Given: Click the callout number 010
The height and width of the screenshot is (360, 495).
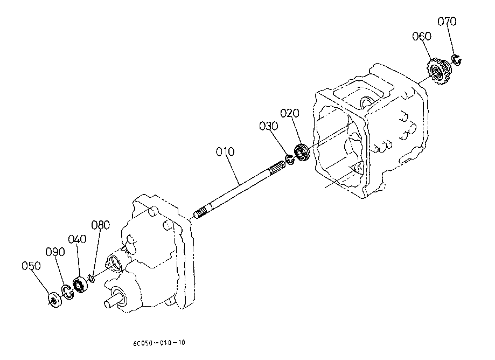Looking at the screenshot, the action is [x=225, y=152].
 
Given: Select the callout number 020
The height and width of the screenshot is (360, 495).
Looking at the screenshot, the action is [x=290, y=113].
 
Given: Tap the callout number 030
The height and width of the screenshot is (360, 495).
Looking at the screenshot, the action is [x=269, y=126].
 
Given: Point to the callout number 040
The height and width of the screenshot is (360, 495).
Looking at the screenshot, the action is [x=78, y=239].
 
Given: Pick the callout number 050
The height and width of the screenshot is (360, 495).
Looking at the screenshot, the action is [x=31, y=266].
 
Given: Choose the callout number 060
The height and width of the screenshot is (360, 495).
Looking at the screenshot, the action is [x=422, y=36].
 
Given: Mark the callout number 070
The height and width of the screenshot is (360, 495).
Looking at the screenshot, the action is [x=447, y=22].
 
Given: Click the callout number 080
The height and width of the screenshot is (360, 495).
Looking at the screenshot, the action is [x=100, y=225].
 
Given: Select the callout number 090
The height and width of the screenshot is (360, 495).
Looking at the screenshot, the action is [x=55, y=252].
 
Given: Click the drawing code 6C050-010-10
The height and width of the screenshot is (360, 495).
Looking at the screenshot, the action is [x=159, y=343].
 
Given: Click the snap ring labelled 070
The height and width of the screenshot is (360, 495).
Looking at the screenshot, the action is [x=456, y=60].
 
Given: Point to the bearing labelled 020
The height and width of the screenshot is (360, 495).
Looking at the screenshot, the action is [x=302, y=154].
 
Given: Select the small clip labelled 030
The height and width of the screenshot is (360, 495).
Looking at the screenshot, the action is [x=289, y=160].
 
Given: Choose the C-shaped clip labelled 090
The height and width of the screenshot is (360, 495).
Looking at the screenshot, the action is [x=67, y=292].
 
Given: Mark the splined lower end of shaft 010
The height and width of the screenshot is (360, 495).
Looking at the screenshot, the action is [x=203, y=212].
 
